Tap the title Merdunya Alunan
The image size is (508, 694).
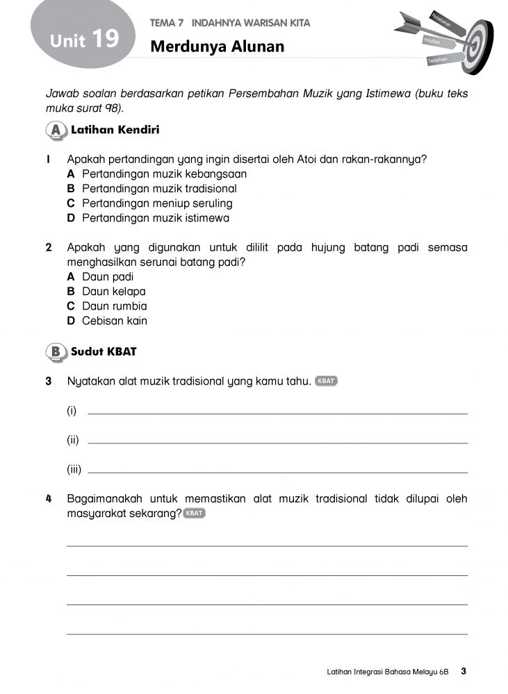(218, 46)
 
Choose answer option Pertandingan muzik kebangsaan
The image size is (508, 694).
(164, 174)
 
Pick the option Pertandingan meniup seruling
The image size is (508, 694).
(157, 203)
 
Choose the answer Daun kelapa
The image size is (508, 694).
(114, 291)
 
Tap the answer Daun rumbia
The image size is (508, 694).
(115, 306)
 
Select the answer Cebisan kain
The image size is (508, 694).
(115, 321)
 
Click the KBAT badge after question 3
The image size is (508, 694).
(326, 381)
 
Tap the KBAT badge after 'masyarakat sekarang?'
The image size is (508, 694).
(195, 514)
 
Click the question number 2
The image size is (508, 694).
(49, 248)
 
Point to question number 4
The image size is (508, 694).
(49, 499)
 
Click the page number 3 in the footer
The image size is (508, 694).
(464, 671)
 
